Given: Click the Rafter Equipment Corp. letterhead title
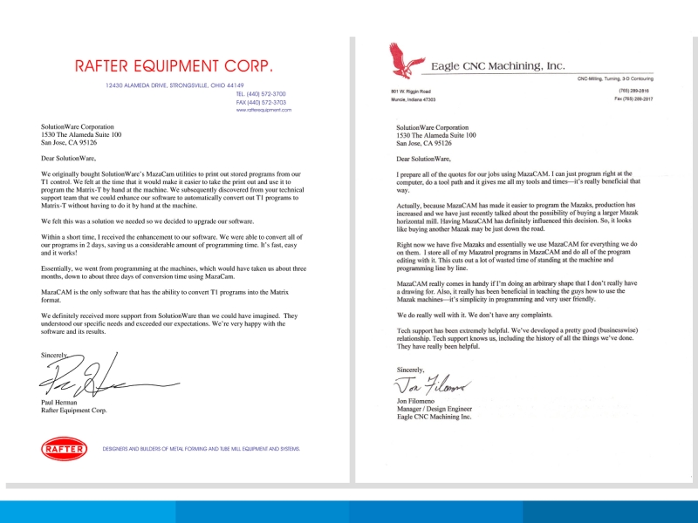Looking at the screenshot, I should tap(174, 65).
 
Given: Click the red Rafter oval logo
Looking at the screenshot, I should tap(63, 449).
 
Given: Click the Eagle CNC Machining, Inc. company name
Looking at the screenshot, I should tap(498, 65).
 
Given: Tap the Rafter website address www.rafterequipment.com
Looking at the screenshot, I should tap(263, 111).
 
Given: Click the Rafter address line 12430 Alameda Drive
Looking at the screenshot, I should tap(174, 85).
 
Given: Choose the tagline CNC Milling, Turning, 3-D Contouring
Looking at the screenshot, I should tap(621, 79).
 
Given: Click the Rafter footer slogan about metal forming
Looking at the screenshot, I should tap(202, 449).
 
